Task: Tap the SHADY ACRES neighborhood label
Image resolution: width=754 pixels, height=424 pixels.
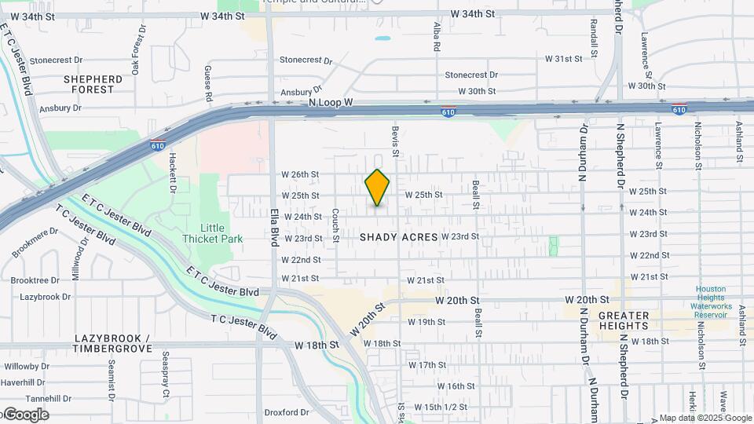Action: (398, 237)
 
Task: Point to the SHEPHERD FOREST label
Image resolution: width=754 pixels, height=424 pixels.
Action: (93, 84)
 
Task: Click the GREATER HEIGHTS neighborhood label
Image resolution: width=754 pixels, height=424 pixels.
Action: (624, 320)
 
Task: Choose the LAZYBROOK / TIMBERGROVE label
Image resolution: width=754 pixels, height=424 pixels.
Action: (112, 343)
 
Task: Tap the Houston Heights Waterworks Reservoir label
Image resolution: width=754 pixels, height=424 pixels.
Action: (712, 298)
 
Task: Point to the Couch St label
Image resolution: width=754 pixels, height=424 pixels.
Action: (335, 225)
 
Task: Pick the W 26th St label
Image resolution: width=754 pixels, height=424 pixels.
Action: (300, 174)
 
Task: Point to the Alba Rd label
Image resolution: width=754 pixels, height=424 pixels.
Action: (437, 37)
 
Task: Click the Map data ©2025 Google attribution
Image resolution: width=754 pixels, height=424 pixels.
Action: (705, 418)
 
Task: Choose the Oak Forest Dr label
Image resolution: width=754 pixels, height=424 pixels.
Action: (138, 49)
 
